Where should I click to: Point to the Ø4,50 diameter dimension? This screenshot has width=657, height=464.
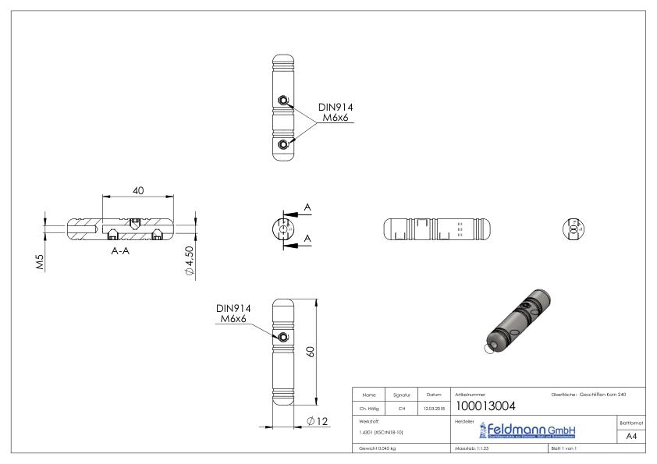click(x=188, y=260)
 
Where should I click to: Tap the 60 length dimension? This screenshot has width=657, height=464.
click(x=311, y=352)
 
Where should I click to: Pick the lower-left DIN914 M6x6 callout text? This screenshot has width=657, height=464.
click(x=232, y=314)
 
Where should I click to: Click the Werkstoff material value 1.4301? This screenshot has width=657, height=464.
click(x=379, y=431)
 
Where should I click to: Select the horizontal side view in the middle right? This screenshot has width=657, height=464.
click(x=437, y=228)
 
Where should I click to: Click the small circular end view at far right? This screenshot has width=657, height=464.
click(x=574, y=228)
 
